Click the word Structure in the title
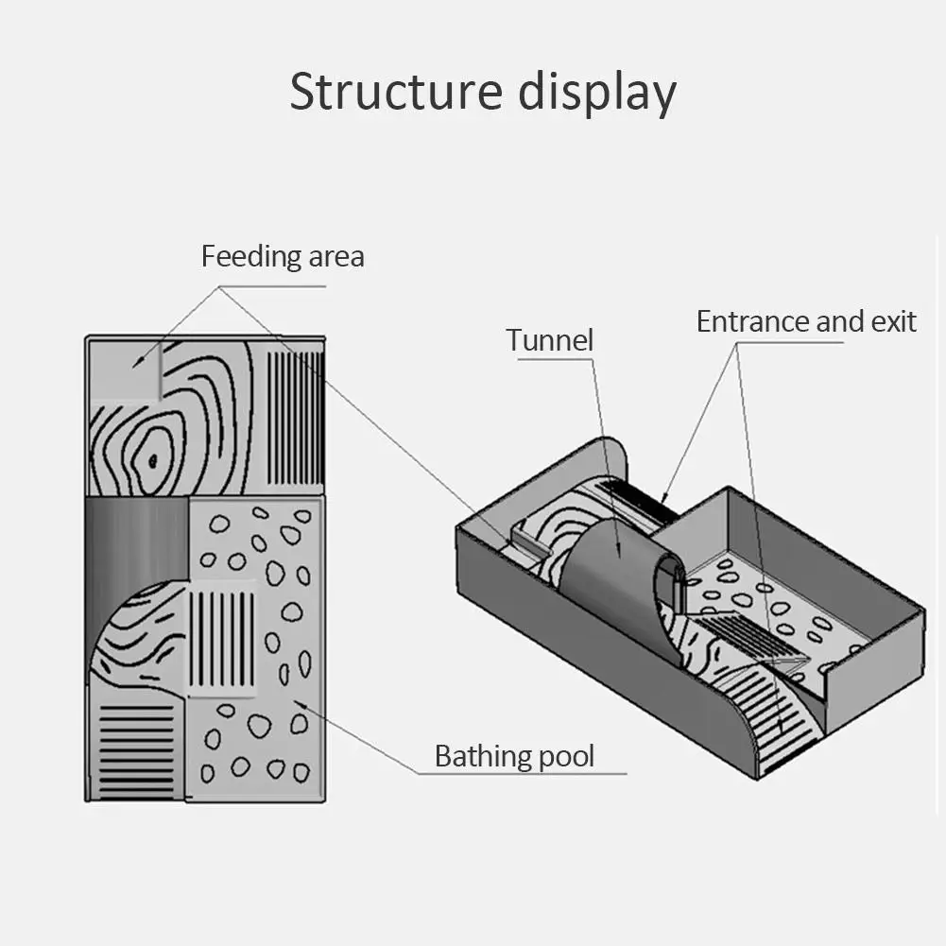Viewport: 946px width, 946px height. pyautogui.click(x=396, y=93)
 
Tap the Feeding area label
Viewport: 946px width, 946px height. pyautogui.click(x=282, y=256)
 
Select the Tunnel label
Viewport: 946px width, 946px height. pyautogui.click(x=549, y=340)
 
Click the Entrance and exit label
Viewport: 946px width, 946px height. pyautogui.click(x=805, y=321)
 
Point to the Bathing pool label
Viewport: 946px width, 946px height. pyautogui.click(x=514, y=756)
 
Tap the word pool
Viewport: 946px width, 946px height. pyautogui.click(x=564, y=757)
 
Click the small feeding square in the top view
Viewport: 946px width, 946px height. pyautogui.click(x=126, y=370)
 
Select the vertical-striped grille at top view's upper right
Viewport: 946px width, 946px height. pyautogui.click(x=296, y=418)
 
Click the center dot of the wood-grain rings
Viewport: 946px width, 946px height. pyautogui.click(x=152, y=462)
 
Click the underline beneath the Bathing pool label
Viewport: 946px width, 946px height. pyautogui.click(x=520, y=774)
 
